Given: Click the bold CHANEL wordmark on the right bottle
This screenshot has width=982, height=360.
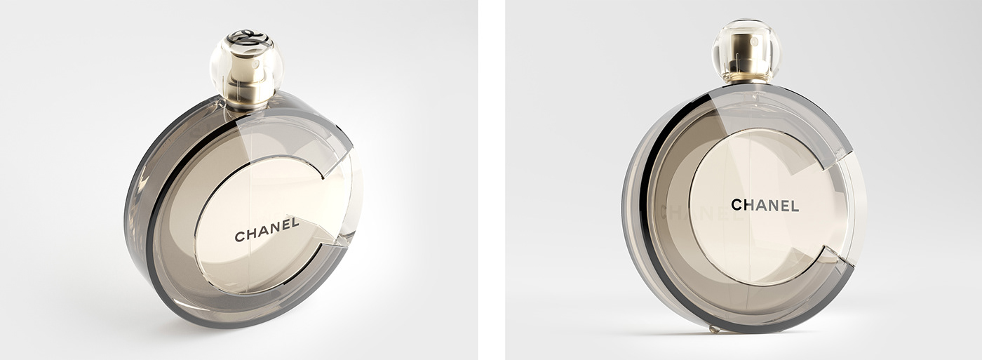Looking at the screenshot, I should point(765,205).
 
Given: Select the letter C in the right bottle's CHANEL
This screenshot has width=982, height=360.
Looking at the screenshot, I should point(736,205).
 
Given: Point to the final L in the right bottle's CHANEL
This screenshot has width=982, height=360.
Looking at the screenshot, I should point(794,205).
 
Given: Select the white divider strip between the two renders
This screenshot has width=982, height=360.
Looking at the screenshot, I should point(491,180).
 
